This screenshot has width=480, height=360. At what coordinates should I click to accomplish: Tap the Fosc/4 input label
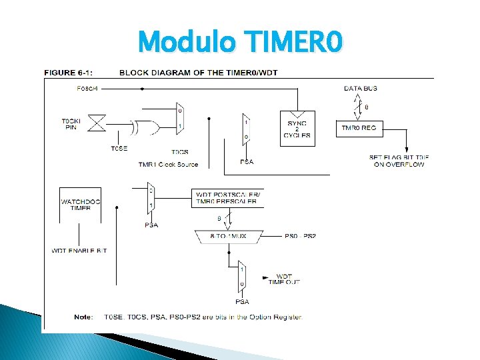tap(87, 87)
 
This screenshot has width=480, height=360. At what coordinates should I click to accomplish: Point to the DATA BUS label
tap(361, 88)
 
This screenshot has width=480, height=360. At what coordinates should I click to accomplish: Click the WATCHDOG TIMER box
tap(75, 204)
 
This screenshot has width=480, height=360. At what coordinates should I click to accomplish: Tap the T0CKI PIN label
tap(70, 123)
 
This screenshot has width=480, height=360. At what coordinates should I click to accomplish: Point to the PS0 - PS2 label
tap(301, 236)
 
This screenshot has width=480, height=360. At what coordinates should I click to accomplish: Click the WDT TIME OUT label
tap(284, 279)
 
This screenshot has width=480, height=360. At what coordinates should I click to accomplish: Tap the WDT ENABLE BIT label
tap(79, 250)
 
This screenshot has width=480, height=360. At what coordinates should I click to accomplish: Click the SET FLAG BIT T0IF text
tap(399, 161)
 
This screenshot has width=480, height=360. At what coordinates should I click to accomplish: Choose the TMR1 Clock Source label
tap(168, 164)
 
